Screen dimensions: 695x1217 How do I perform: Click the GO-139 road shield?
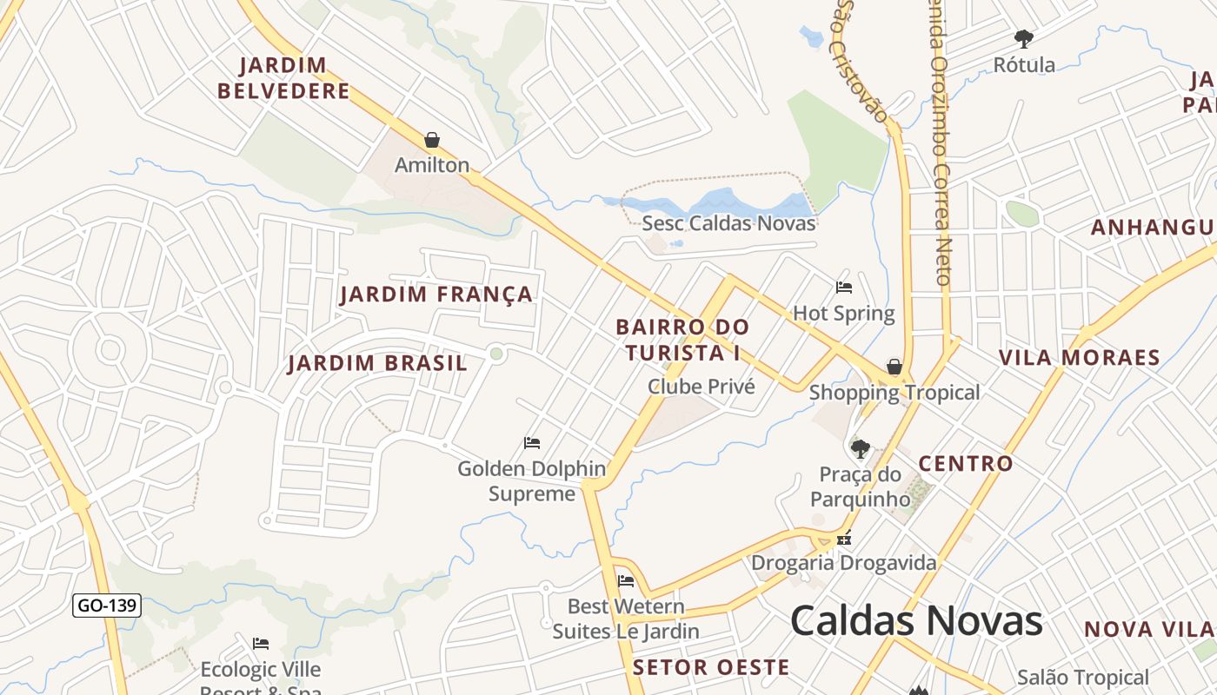[107, 606]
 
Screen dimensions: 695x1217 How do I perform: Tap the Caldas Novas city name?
[916, 621]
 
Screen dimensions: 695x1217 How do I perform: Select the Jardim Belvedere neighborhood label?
[283, 78]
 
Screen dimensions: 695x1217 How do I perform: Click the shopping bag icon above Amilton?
[432, 140]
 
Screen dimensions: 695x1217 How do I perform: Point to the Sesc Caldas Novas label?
[728, 223]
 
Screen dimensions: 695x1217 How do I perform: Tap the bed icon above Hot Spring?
[843, 288]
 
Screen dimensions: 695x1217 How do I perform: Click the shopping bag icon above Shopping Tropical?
[894, 367]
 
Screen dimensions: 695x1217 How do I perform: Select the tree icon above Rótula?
[1024, 38]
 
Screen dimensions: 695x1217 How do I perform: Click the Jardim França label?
[436, 295]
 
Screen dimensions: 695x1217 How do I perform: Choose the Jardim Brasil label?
[377, 363]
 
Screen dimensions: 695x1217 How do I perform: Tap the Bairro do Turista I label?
[682, 340]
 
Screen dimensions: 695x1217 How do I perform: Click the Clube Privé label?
[702, 387]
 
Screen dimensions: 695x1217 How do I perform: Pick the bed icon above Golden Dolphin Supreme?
[532, 443]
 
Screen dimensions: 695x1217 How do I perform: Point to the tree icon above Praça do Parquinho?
[860, 449]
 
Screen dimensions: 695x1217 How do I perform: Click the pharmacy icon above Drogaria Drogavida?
[843, 539]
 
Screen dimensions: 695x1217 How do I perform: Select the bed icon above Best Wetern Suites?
[625, 581]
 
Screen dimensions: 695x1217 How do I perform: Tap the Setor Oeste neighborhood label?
[711, 667]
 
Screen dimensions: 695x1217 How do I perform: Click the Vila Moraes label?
[1079, 358]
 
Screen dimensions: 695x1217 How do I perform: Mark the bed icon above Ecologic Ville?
[261, 644]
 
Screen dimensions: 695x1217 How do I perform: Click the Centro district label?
[966, 464]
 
